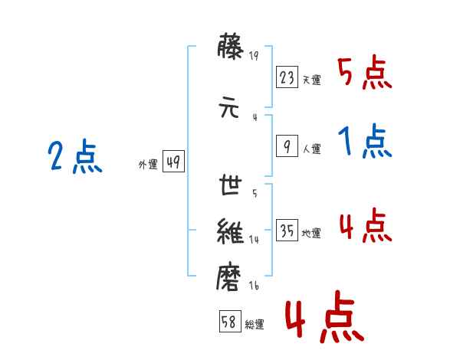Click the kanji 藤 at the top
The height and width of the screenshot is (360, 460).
[x=230, y=47]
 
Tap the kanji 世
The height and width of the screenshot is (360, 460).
[x=230, y=185]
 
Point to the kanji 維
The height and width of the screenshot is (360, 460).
[x=230, y=231]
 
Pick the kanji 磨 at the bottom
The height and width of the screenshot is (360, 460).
[x=228, y=277]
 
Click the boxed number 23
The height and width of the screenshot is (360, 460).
[x=287, y=77]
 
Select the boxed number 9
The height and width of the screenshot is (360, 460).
[x=287, y=146]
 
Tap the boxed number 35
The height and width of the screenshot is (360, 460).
[x=287, y=230]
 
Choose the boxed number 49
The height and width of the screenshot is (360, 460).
[x=173, y=162]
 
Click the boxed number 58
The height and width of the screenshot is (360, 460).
[x=230, y=321]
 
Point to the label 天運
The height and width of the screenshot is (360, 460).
[x=311, y=80]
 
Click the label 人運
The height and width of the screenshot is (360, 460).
[x=311, y=149]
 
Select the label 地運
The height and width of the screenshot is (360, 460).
[x=311, y=234]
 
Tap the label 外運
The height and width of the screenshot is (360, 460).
[x=148, y=165]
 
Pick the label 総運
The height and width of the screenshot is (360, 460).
[x=255, y=325]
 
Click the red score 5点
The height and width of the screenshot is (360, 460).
[x=365, y=72]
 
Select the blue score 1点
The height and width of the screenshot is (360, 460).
[x=365, y=141]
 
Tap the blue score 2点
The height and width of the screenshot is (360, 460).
[x=75, y=156]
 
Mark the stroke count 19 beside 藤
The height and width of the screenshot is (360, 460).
[x=254, y=56]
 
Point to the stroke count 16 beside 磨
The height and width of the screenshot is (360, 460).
[x=254, y=286]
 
